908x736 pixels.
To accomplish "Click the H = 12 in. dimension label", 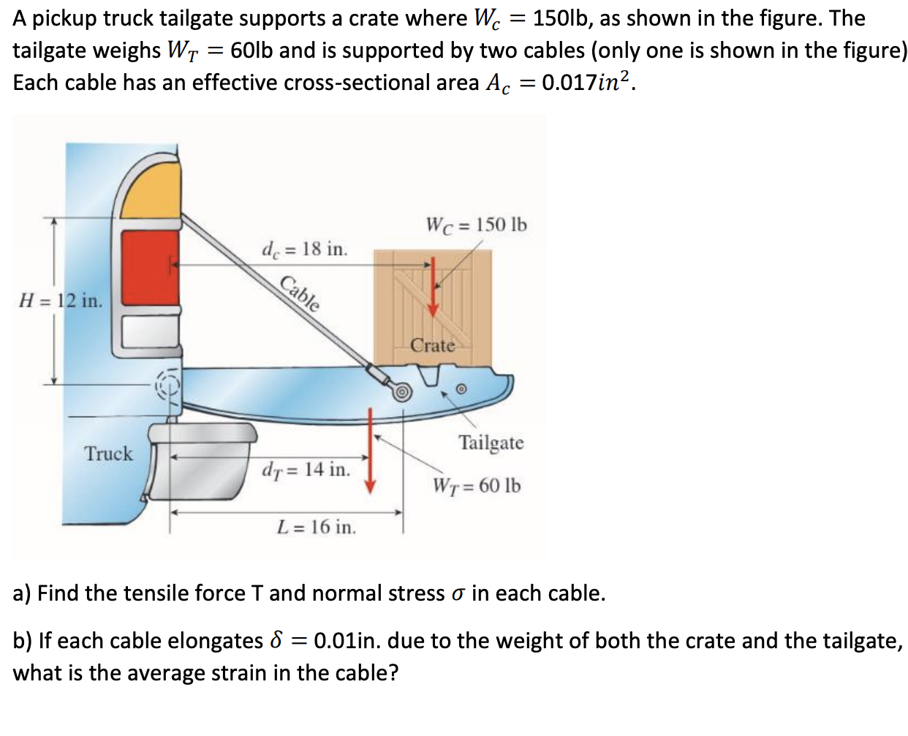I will pyautogui.click(x=61, y=301).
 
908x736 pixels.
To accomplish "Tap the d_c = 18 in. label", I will pyautogui.click(x=304, y=249).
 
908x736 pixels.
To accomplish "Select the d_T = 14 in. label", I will pyautogui.click(x=306, y=470).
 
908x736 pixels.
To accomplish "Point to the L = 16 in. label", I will pyautogui.click(x=317, y=527).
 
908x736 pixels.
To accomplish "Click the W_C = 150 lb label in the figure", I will pyautogui.click(x=476, y=225).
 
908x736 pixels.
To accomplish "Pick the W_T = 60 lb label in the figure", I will pyautogui.click(x=477, y=486).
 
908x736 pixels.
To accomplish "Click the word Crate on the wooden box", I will pyautogui.click(x=432, y=345).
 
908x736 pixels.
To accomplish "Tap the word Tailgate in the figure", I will pyautogui.click(x=491, y=443).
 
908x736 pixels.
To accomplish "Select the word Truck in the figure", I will pyautogui.click(x=108, y=454).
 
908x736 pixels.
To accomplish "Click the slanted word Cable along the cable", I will pyautogui.click(x=300, y=294).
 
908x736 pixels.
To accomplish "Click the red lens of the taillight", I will pyautogui.click(x=151, y=268).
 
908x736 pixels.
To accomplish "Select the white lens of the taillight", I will pyautogui.click(x=151, y=331).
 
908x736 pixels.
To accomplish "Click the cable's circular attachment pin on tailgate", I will pyautogui.click(x=401, y=391).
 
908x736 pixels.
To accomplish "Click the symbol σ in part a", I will pyautogui.click(x=458, y=593).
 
